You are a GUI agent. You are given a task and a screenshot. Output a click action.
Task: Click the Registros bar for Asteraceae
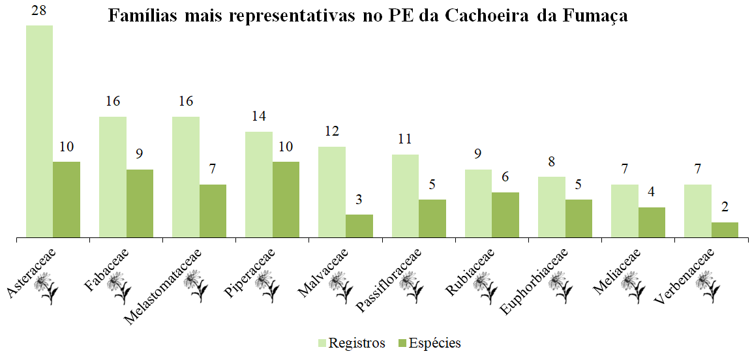[39, 130]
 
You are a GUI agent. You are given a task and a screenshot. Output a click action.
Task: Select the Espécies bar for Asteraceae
[67, 199]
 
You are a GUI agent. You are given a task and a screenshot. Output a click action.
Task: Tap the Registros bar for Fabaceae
[113, 176]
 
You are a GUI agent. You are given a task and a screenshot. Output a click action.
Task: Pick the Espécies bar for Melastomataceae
[213, 211]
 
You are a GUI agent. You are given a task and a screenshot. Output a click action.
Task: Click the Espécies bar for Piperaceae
[286, 199]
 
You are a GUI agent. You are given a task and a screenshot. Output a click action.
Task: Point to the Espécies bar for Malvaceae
[359, 226]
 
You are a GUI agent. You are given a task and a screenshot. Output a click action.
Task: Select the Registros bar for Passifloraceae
[405, 195]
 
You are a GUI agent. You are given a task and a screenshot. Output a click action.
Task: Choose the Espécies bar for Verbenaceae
[725, 230]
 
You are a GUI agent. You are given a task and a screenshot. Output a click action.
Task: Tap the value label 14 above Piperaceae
[259, 117]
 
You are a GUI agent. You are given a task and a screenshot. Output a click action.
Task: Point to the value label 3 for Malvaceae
[359, 200]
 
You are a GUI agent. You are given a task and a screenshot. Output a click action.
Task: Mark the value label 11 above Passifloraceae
[405, 140]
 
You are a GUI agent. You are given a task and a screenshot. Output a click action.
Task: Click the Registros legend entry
[352, 343]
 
